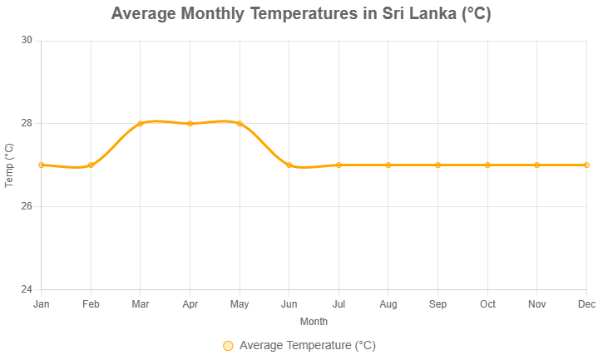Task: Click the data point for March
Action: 141,123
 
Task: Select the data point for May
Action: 240,123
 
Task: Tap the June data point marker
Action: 289,165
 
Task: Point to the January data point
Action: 42,165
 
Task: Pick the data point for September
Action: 438,165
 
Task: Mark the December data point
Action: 586,165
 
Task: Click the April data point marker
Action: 190,123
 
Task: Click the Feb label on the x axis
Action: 91,304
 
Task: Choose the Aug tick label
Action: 388,304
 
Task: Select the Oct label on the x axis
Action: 487,304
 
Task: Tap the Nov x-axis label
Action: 537,304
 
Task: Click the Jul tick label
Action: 339,304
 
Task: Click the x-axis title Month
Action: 314,321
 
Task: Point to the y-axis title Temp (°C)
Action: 9,165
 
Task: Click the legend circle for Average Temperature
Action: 228,346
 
